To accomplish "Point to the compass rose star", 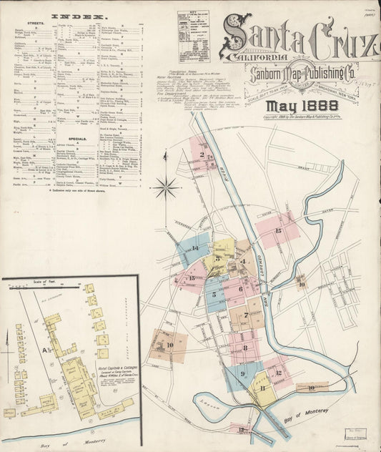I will pos(166,188).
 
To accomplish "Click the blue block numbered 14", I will pos(194,248).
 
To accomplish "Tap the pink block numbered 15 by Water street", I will pos(278,230).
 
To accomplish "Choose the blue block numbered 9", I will pos(243,373).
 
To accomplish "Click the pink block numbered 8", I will pos(245,348).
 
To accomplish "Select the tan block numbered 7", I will pos(247,315).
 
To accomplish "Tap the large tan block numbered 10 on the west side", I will pos(169,345).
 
